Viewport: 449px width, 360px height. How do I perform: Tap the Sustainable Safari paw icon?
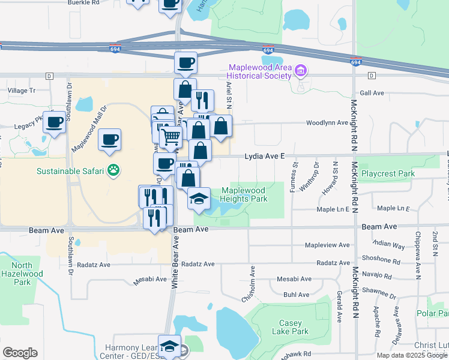point(112,171)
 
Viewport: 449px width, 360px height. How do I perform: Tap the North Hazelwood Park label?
point(22,274)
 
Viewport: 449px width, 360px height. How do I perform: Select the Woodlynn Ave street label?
point(327,122)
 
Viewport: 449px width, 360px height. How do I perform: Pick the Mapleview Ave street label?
point(327,245)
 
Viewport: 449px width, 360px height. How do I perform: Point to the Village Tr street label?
point(22,91)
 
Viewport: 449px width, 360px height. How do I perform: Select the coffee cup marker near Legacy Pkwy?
point(55,122)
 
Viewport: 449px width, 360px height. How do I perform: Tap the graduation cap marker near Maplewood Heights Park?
point(199,198)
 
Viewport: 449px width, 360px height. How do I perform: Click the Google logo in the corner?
point(20,353)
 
